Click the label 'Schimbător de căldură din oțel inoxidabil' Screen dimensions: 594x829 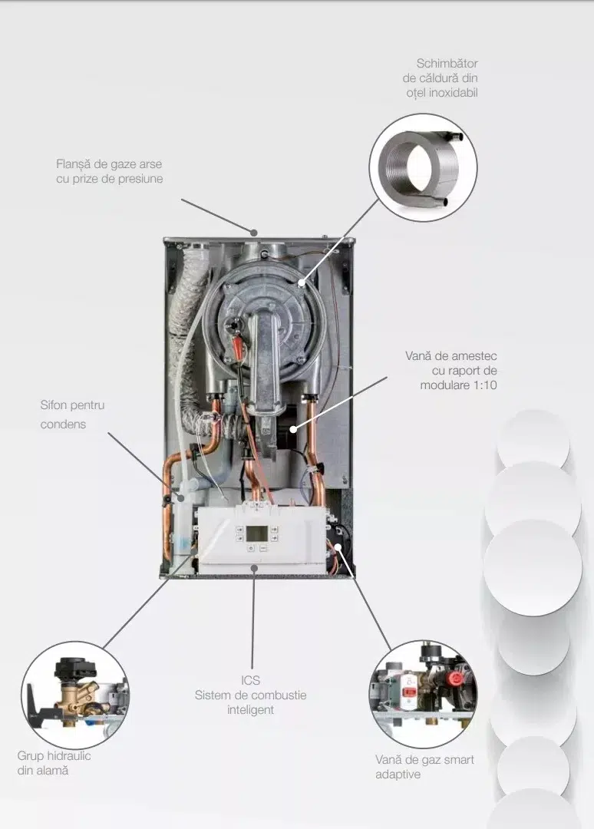point(441,78)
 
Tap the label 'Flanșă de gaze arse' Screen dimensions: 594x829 point(109,164)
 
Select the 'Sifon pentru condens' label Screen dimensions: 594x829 point(72,414)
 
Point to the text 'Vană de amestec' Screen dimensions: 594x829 point(450,356)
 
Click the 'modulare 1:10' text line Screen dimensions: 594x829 point(458,385)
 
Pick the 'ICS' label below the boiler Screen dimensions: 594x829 point(250,680)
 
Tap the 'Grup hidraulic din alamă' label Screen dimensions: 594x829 point(54,763)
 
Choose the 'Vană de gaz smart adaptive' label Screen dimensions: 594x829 point(424,767)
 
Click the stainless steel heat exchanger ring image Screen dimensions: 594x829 point(423,167)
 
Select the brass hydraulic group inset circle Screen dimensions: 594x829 point(74,695)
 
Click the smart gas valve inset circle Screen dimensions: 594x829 point(423,694)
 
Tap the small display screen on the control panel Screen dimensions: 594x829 point(257,533)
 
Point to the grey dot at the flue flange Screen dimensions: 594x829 point(254,232)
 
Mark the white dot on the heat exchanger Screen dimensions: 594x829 point(302,282)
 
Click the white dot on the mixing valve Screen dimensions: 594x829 point(293,429)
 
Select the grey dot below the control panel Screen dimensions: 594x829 point(254,568)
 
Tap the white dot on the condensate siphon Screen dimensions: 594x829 point(181,497)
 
